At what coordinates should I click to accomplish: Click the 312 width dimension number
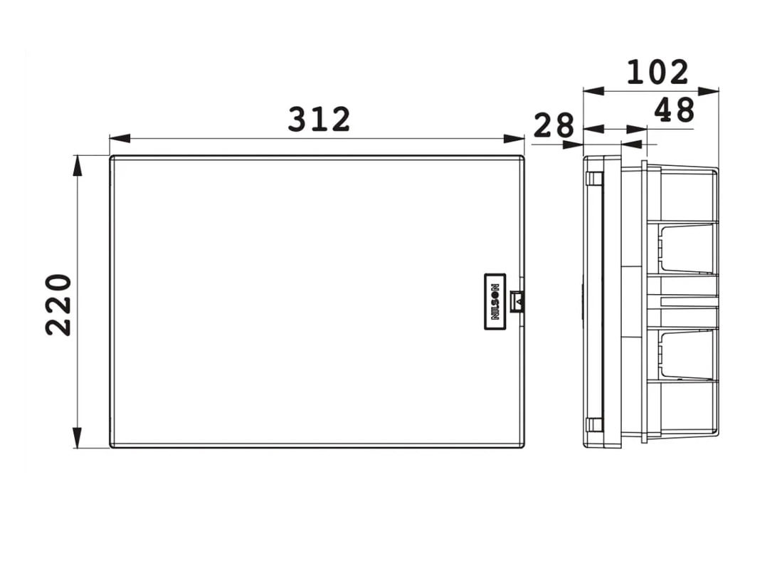pos(319,120)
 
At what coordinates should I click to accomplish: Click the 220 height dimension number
pos(59,304)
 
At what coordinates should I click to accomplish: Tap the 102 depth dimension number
pos(657,72)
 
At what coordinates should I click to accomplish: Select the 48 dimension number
pos(675,110)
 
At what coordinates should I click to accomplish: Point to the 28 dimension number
pos(554,125)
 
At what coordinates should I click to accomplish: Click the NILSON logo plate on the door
pos(495,301)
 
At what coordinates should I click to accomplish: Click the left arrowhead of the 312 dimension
pos(120,139)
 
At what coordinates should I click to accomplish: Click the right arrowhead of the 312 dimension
pos(514,139)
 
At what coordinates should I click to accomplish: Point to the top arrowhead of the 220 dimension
pos(77,166)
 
